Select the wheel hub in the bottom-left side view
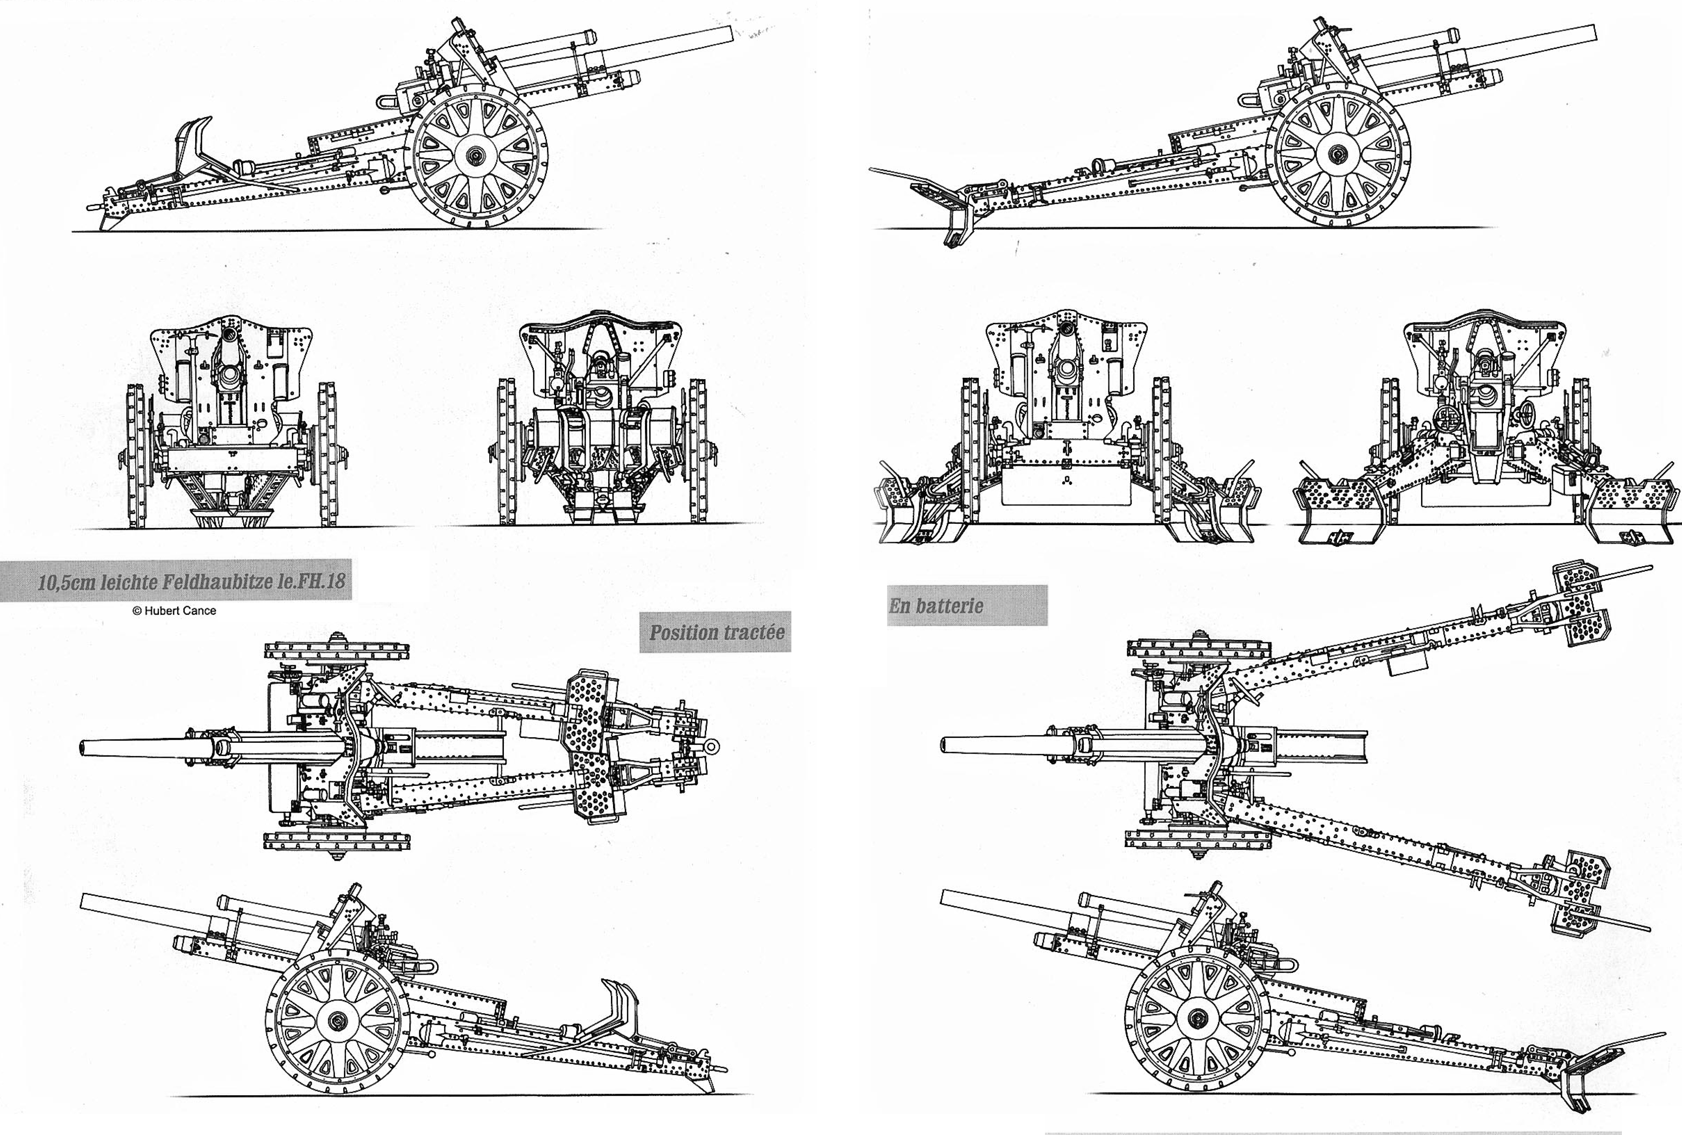337,1021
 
